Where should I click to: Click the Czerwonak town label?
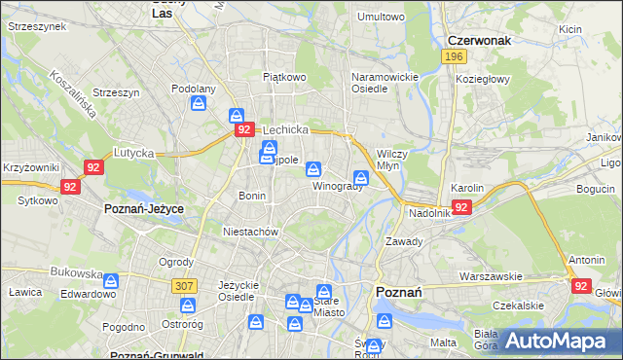tap(479, 41)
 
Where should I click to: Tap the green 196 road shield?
tap(453, 57)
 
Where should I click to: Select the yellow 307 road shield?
tap(183, 285)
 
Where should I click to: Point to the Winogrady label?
tap(337, 186)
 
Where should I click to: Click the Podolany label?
tap(193, 88)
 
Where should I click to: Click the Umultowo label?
tap(381, 17)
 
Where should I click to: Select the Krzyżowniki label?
tap(31, 168)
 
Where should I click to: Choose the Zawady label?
tap(403, 240)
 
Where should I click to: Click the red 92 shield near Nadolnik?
tap(461, 207)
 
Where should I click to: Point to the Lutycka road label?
tap(134, 153)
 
